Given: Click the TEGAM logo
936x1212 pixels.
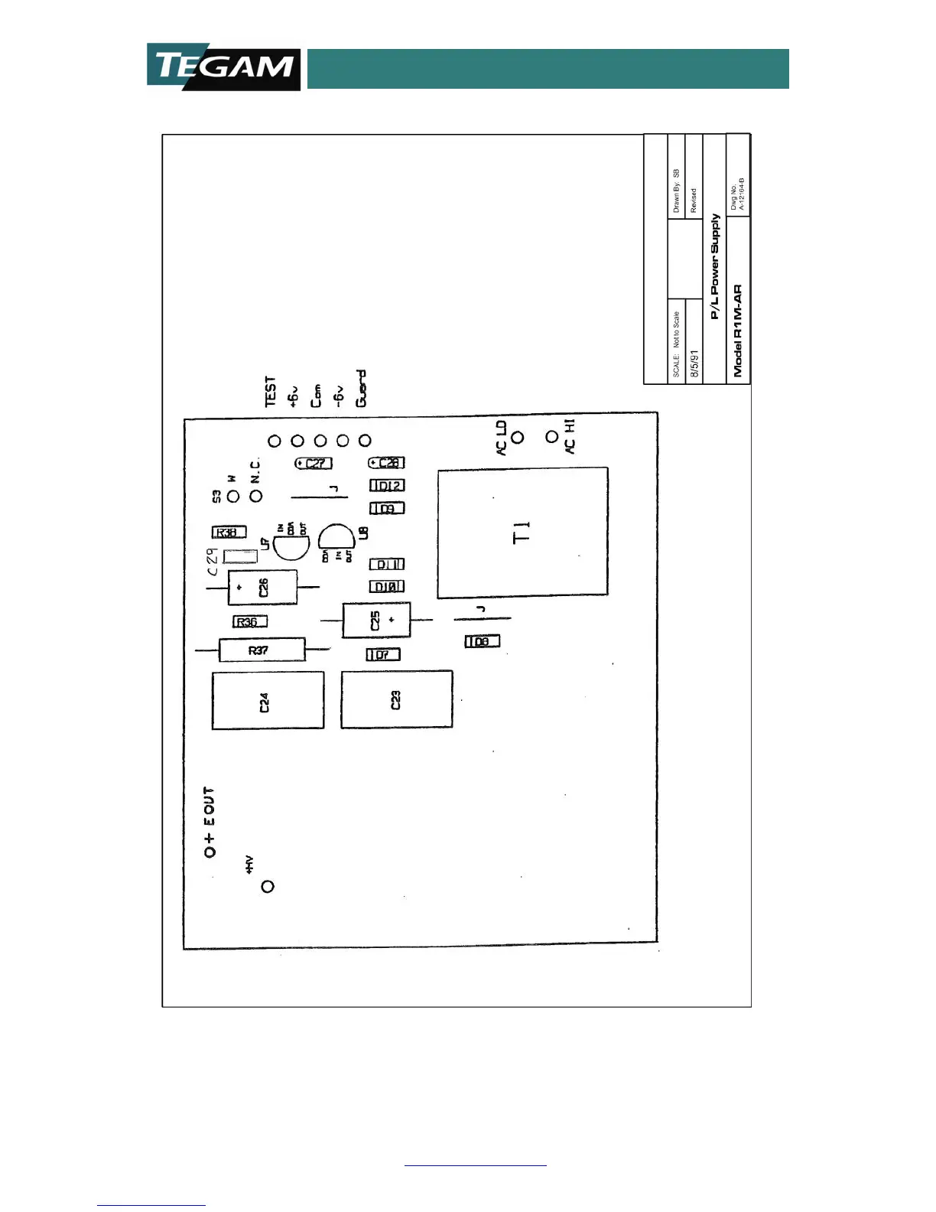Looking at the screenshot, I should click(x=223, y=67).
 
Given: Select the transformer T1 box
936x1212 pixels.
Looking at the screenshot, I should click(x=522, y=532).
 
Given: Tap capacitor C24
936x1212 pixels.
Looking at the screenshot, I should click(x=268, y=700).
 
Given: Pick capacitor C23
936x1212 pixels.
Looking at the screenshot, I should click(x=396, y=699).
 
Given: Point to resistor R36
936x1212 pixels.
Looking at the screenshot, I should click(x=250, y=622).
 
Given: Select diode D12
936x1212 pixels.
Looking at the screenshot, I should click(x=387, y=486).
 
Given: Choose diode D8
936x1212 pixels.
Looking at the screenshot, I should click(x=483, y=641).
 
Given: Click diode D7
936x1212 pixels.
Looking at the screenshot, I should click(x=383, y=655).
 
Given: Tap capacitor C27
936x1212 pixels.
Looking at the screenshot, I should click(x=314, y=464).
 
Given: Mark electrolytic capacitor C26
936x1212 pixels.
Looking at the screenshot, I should click(x=262, y=588).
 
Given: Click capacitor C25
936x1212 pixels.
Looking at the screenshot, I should click(x=376, y=620).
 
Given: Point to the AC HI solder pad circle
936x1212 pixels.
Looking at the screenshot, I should click(x=551, y=437).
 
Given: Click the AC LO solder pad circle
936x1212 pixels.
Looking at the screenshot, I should click(x=518, y=438).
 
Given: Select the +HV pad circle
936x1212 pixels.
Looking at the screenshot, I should click(x=268, y=887).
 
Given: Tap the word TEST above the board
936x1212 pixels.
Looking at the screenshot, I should click(x=270, y=391).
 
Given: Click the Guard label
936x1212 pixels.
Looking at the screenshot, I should click(x=361, y=389).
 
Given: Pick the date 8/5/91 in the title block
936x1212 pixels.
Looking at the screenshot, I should click(x=694, y=363).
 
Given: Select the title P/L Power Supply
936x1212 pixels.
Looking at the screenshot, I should click(x=714, y=266).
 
